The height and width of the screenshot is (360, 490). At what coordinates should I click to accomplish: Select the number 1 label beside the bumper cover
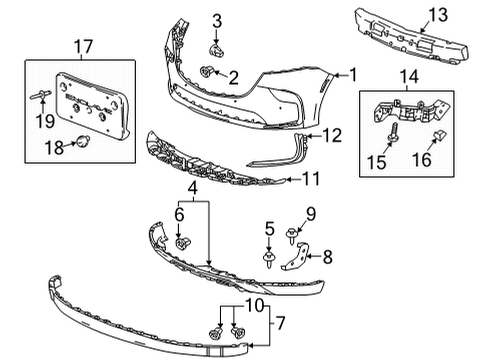pyautogui.click(x=352, y=74)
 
